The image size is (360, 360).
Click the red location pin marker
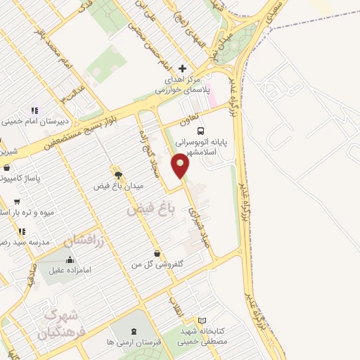point(181,166)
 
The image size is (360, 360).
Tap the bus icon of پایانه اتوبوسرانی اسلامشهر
point(202,131)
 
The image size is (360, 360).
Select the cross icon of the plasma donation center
point(183,68)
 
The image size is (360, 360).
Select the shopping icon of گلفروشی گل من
point(156,253)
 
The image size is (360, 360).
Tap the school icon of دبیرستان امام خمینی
point(32,110)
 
